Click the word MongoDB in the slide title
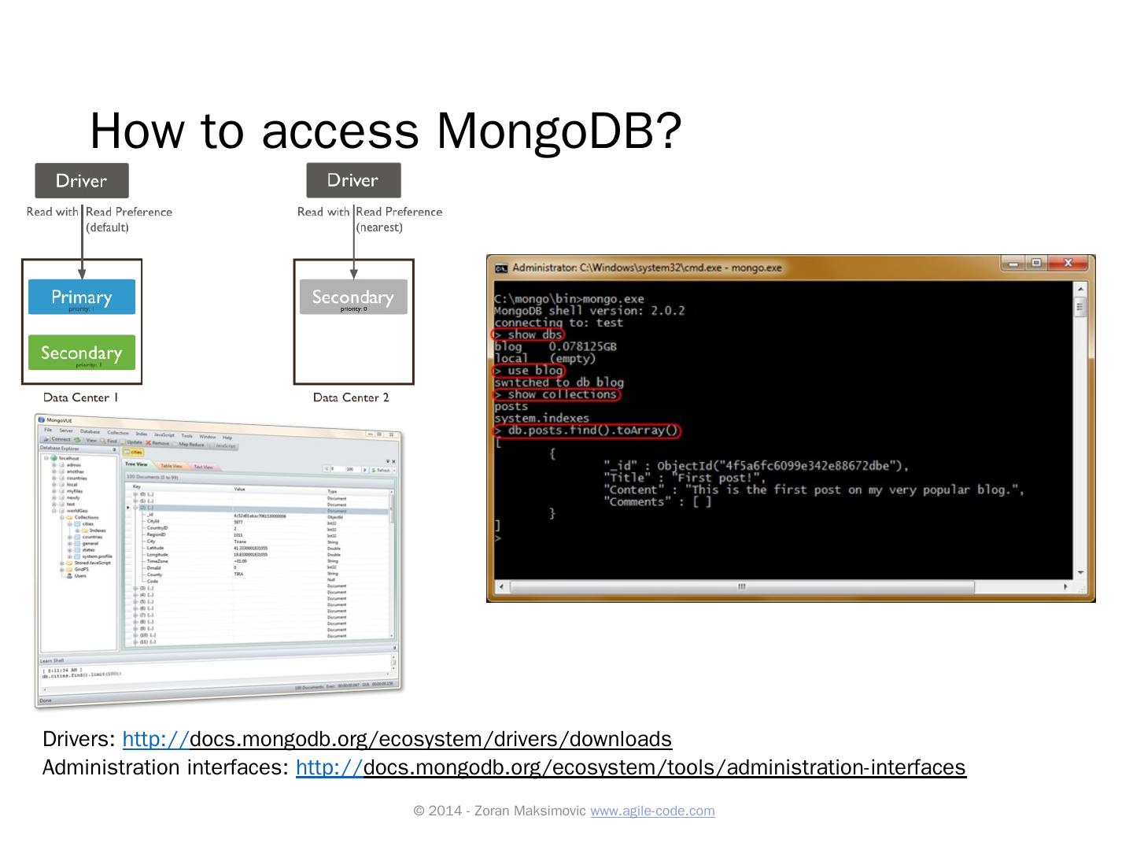[544, 131]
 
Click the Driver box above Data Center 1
[81, 181]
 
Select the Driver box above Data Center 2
[352, 180]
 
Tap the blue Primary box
[81, 297]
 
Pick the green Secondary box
[81, 353]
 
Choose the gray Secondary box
[352, 297]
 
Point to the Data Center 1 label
[80, 397]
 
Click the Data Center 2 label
[351, 397]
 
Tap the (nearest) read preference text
[379, 227]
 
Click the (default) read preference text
[107, 227]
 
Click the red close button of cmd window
[1068, 264]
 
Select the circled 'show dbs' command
[529, 334]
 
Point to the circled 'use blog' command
[529, 371]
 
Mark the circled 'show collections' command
[557, 394]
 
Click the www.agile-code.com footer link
[652, 811]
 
